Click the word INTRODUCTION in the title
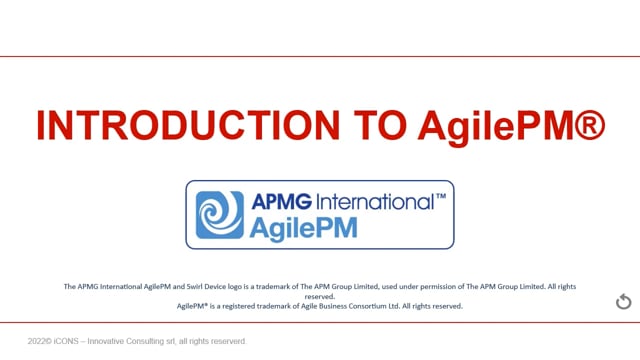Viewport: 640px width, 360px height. [188, 125]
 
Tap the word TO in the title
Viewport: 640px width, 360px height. [380, 125]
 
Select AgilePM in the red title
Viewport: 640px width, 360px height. [496, 128]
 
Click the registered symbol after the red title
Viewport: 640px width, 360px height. [590, 125]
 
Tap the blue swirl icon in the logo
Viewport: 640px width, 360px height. [220, 215]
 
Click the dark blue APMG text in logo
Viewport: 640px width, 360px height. [282, 202]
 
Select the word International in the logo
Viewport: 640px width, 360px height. [375, 202]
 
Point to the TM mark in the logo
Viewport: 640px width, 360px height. [441, 196]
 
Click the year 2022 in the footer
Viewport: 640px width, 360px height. [36, 341]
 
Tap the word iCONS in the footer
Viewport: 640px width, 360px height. [66, 341]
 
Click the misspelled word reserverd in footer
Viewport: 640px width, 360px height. [229, 341]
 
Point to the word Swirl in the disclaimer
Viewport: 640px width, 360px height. [194, 287]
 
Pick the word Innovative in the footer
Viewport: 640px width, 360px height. [106, 341]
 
